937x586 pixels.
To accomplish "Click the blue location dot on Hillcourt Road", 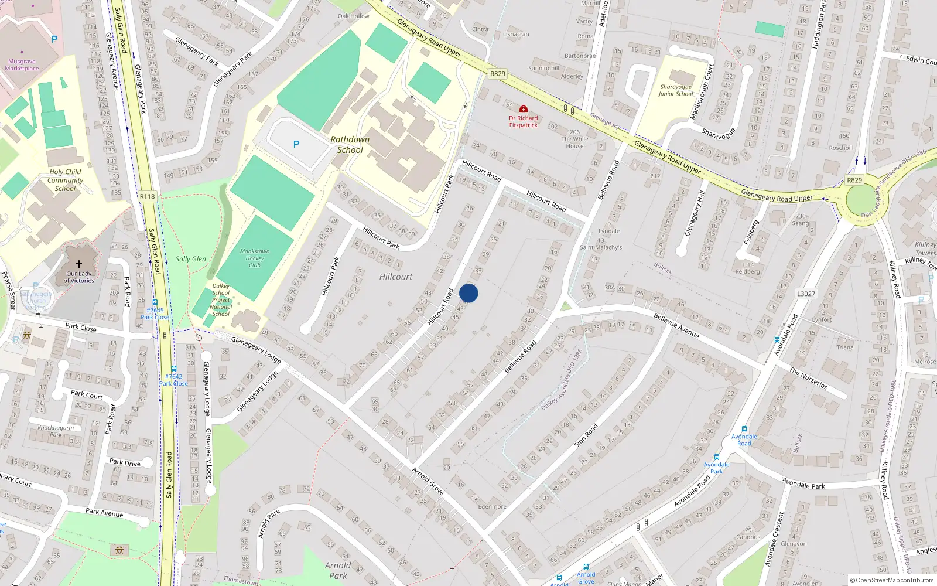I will coord(468,293).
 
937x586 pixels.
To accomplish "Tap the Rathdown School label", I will coord(350,145).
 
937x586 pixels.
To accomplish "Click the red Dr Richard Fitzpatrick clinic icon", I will coord(524,109).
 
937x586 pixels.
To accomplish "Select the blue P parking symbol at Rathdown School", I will coord(296,144).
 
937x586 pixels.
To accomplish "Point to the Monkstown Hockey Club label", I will coord(255,258).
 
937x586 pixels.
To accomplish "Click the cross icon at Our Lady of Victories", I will coord(79,264).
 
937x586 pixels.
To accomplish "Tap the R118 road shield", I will coord(148,196).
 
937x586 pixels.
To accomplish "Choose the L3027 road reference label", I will coord(806,294).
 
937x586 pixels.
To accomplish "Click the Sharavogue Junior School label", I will coord(676,90).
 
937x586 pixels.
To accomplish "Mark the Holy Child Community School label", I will coord(65,180).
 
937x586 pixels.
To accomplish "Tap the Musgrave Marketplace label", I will coord(22,65).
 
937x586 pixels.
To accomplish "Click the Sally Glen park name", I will coord(191,259).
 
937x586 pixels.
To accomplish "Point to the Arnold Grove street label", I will coord(428,481).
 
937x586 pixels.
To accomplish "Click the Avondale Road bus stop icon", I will coord(744,429).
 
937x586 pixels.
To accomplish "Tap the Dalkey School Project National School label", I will coord(221,300).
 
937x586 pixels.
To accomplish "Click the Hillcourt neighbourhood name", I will coord(396,277).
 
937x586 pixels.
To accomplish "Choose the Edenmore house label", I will coord(492,506).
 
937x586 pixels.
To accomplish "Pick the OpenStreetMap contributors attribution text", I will coord(892,581).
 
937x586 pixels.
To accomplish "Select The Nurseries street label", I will coord(808,378).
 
